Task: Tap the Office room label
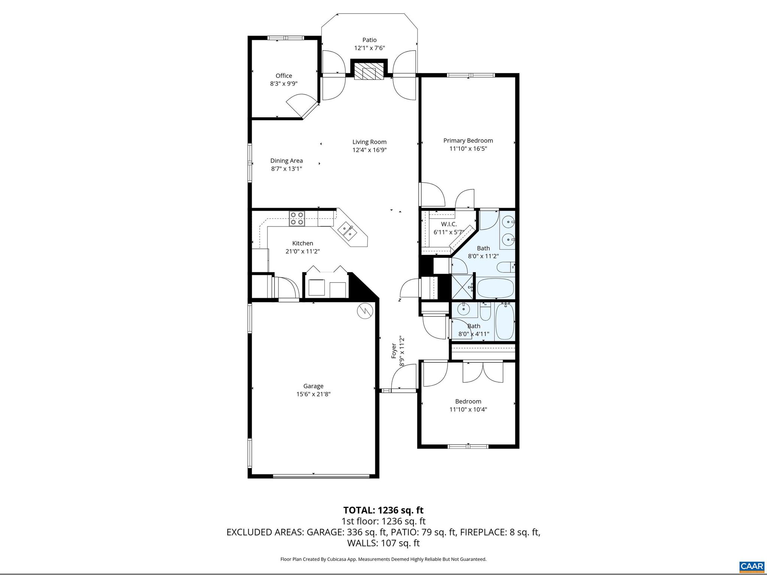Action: (284, 76)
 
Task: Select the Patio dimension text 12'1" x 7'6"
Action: (369, 48)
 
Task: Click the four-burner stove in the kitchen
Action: (297, 218)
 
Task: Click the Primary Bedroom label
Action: (468, 141)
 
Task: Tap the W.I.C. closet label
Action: (449, 224)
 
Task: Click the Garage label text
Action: (313, 386)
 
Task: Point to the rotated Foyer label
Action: (394, 351)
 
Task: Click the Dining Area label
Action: (287, 161)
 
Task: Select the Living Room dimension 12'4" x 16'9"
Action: (369, 150)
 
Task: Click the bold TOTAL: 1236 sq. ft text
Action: (383, 510)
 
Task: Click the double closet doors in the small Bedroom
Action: (483, 372)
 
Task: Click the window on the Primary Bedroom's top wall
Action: (471, 75)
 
